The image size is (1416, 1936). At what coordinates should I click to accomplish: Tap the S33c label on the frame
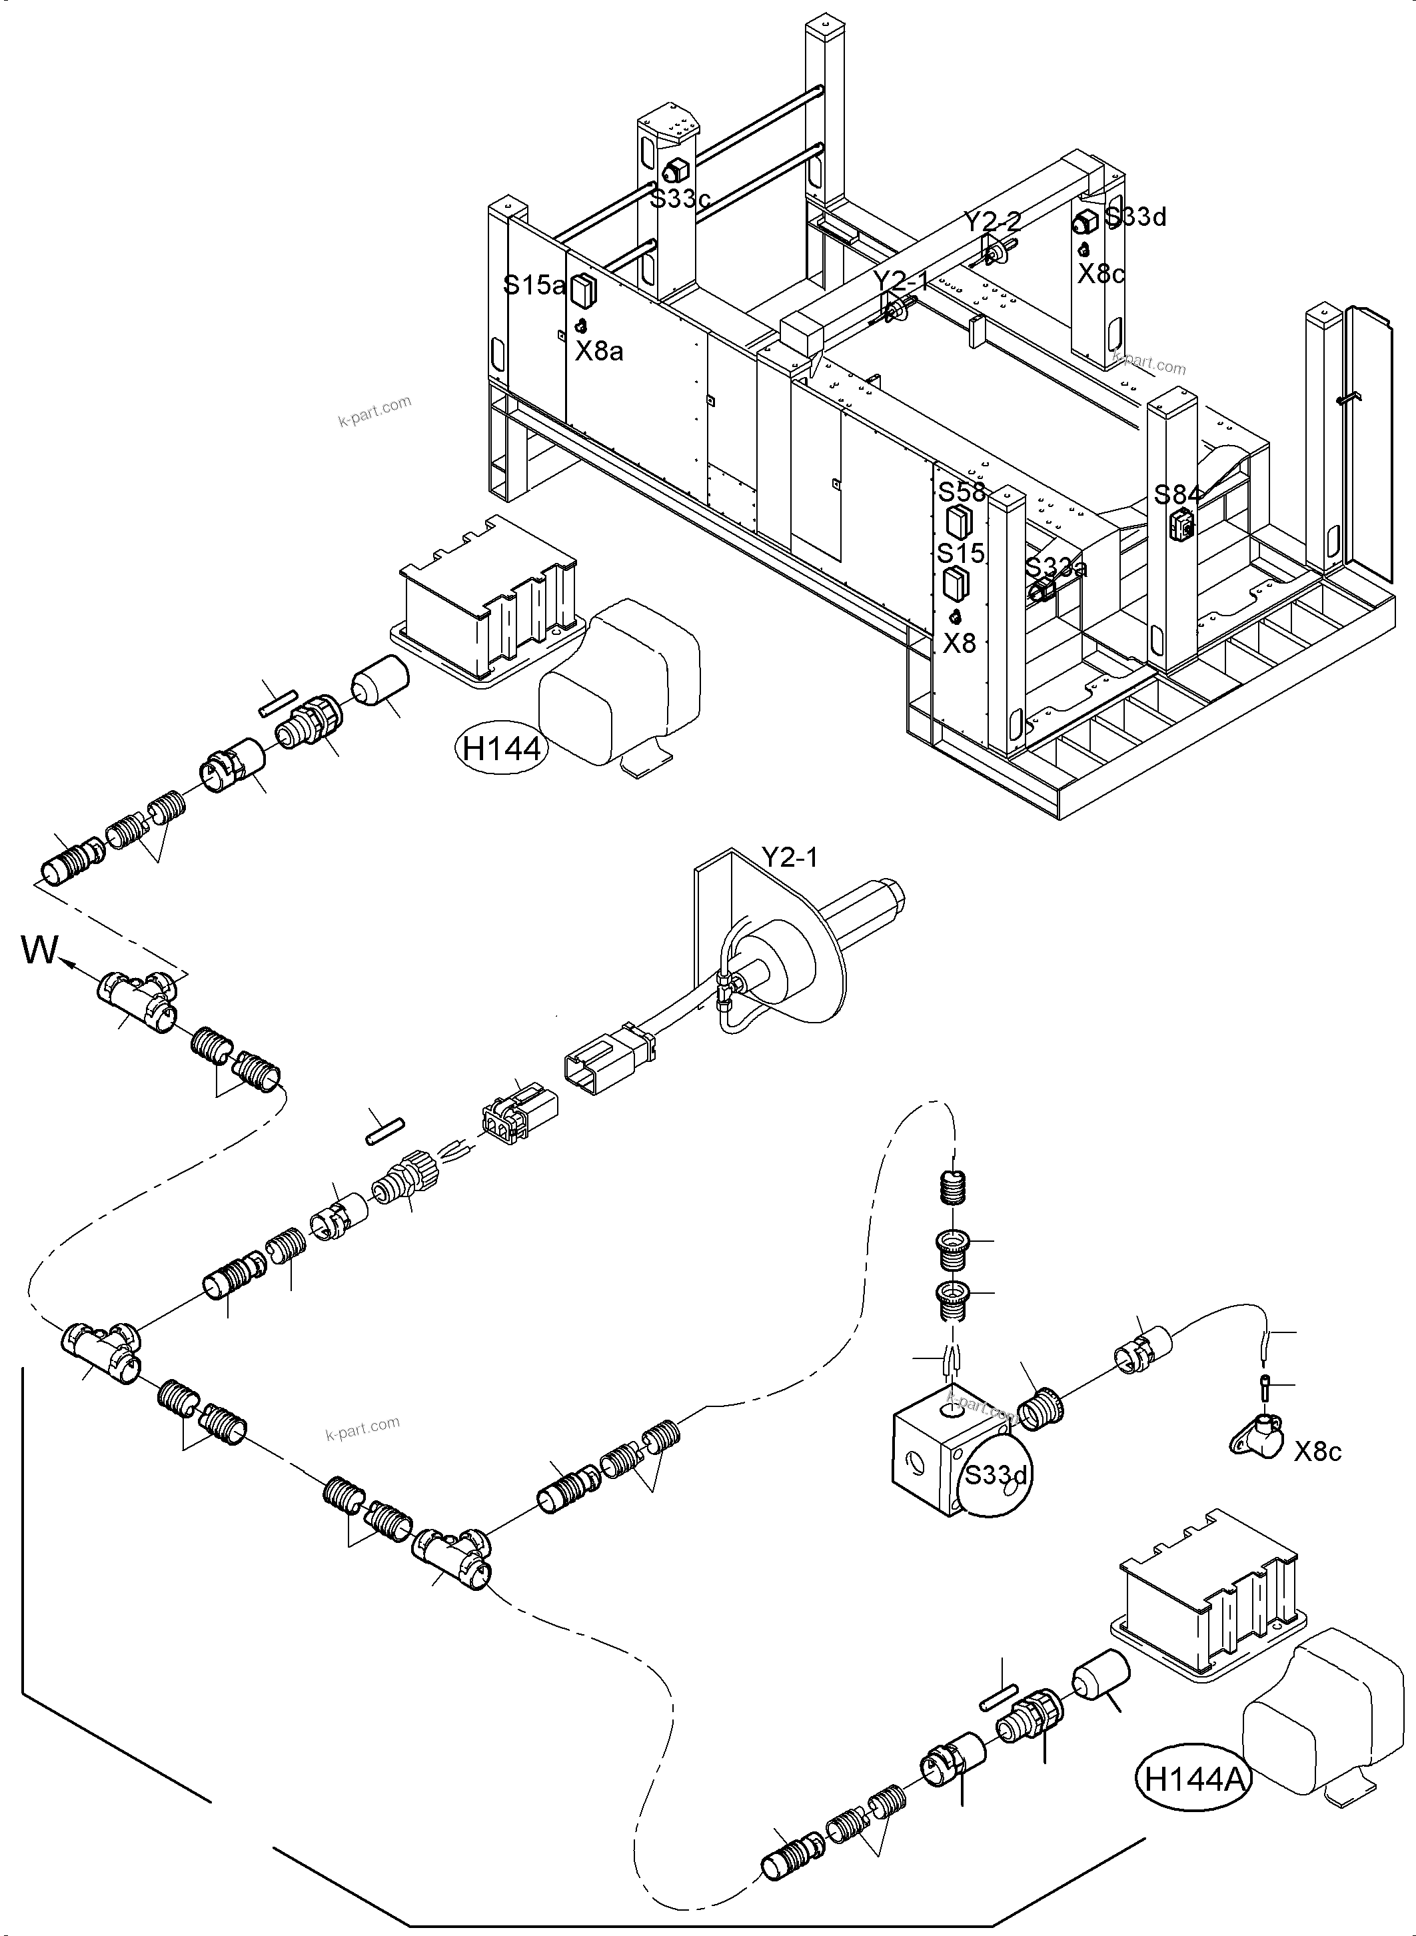(680, 199)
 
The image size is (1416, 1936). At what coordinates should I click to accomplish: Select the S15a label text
(534, 285)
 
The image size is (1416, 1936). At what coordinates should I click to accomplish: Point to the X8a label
(598, 350)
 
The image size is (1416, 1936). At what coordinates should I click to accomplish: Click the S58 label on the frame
(962, 493)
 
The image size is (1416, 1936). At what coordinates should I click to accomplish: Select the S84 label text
(1177, 494)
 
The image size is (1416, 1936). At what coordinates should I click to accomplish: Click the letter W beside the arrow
(39, 951)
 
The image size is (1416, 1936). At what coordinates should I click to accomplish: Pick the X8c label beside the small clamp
(1317, 1451)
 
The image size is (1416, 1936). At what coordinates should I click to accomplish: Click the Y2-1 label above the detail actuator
(788, 856)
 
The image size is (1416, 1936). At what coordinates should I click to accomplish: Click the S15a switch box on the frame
(583, 290)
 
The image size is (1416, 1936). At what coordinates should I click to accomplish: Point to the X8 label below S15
(959, 643)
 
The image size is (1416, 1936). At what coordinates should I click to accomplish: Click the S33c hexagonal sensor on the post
(674, 170)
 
